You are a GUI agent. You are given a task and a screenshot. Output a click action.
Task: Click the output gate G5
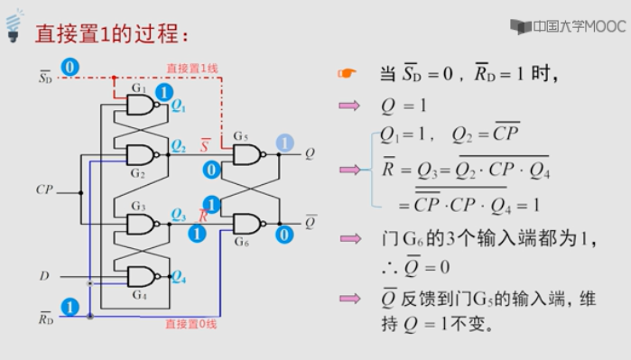click(246, 155)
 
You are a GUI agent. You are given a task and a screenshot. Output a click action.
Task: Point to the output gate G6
click(246, 224)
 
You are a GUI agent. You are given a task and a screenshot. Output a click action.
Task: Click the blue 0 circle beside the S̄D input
click(70, 68)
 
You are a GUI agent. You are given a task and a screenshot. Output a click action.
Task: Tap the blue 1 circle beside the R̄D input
click(70, 307)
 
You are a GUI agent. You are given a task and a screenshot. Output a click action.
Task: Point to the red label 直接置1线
click(191, 69)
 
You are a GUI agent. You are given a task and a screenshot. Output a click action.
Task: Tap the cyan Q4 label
click(178, 277)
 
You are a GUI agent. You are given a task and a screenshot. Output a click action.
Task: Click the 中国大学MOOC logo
click(567, 26)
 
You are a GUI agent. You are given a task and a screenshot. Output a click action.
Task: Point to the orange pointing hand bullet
click(348, 75)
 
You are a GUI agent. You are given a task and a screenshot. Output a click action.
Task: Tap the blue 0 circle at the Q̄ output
click(284, 235)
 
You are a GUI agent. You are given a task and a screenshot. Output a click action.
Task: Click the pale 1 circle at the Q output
click(284, 143)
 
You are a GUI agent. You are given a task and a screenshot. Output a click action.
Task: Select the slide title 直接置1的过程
click(112, 34)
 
